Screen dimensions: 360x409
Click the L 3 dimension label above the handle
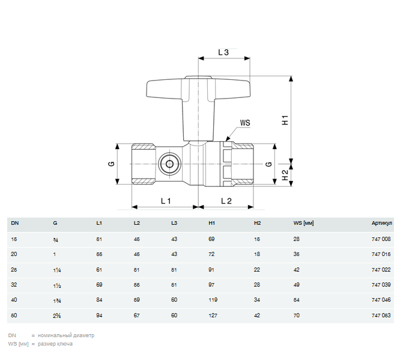point(223,52)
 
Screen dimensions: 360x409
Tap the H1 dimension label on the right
point(286,120)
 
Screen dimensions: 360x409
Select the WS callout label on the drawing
point(245,123)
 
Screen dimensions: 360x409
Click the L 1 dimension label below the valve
point(166,200)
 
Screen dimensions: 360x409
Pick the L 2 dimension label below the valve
point(226,200)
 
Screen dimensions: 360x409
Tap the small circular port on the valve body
point(169,163)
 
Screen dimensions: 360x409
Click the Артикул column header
point(381,224)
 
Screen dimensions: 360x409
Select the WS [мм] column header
point(303,224)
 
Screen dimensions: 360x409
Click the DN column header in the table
point(14,224)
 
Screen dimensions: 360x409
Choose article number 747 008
point(381,239)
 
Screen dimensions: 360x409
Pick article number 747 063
point(381,314)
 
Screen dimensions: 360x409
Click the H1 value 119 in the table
point(213,299)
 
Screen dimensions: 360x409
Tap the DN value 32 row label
point(14,284)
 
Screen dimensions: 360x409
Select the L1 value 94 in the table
point(100,314)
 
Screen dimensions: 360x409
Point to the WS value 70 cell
point(296,314)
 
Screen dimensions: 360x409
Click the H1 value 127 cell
point(213,314)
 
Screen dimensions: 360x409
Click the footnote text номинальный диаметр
point(66,335)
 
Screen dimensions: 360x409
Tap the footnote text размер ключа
point(55,344)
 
